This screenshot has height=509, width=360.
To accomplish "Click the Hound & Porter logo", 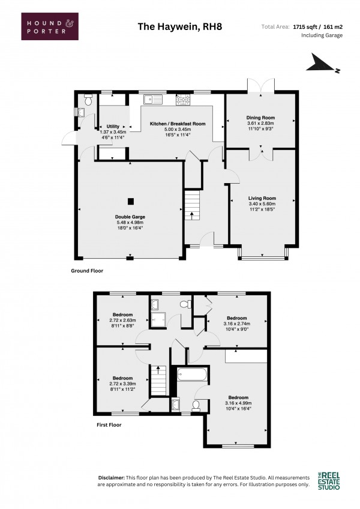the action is [50, 26].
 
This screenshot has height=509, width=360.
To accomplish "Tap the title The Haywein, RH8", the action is [180, 26].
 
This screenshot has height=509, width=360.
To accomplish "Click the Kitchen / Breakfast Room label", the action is [178, 124].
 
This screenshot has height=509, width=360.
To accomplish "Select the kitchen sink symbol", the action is [153, 100].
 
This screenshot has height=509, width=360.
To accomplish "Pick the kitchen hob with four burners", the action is [183, 100].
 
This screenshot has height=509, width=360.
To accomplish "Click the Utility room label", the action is [113, 126].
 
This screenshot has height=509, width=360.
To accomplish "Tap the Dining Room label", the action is [260, 118].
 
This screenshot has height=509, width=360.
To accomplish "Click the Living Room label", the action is [262, 198].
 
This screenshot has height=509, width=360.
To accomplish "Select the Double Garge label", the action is [130, 217].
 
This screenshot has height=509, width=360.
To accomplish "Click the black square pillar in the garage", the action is [130, 202].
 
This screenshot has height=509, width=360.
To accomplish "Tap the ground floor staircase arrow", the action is [191, 216].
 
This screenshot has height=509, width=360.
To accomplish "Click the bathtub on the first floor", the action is [192, 375].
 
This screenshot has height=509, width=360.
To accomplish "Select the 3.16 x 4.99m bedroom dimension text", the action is [238, 403].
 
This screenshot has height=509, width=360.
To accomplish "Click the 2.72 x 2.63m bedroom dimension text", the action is [123, 320].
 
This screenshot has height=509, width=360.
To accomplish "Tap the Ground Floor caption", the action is [87, 271].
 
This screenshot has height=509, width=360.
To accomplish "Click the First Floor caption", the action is [109, 424].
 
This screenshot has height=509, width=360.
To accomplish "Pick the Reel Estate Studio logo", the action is [329, 481].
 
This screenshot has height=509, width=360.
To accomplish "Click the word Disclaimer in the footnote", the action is [112, 478].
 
